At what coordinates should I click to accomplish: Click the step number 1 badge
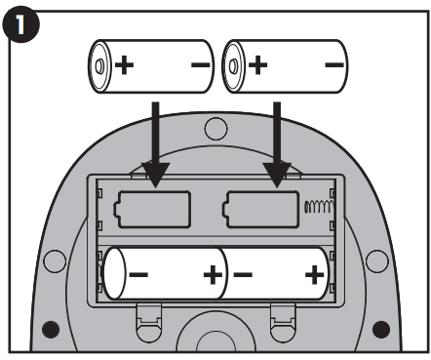pyautogui.click(x=21, y=24)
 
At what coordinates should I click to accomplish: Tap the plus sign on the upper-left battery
pyautogui.click(x=124, y=65)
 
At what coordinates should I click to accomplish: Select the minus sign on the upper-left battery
pyautogui.click(x=200, y=65)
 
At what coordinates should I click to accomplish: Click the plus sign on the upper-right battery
pyautogui.click(x=258, y=65)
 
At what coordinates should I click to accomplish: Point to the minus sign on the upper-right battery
pyautogui.click(x=334, y=65)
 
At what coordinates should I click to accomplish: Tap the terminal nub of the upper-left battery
pyautogui.click(x=99, y=66)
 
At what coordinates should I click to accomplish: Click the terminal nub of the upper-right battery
pyautogui.click(x=233, y=66)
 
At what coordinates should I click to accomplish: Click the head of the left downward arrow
pyautogui.click(x=156, y=174)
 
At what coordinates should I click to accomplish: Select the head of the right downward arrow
pyautogui.click(x=277, y=174)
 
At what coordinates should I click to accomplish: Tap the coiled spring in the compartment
pyautogui.click(x=319, y=207)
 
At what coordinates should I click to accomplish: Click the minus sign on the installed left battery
pyautogui.click(x=138, y=275)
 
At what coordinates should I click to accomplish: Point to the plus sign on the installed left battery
pyautogui.click(x=213, y=275)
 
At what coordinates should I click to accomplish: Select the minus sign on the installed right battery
pyautogui.click(x=243, y=275)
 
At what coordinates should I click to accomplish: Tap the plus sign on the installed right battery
pyautogui.click(x=314, y=275)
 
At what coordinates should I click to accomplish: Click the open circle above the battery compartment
pyautogui.click(x=215, y=129)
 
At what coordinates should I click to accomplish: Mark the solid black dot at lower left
pyautogui.click(x=51, y=330)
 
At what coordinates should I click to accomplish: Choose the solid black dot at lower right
pyautogui.click(x=381, y=330)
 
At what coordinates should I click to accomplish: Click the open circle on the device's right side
pyautogui.click(x=377, y=261)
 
